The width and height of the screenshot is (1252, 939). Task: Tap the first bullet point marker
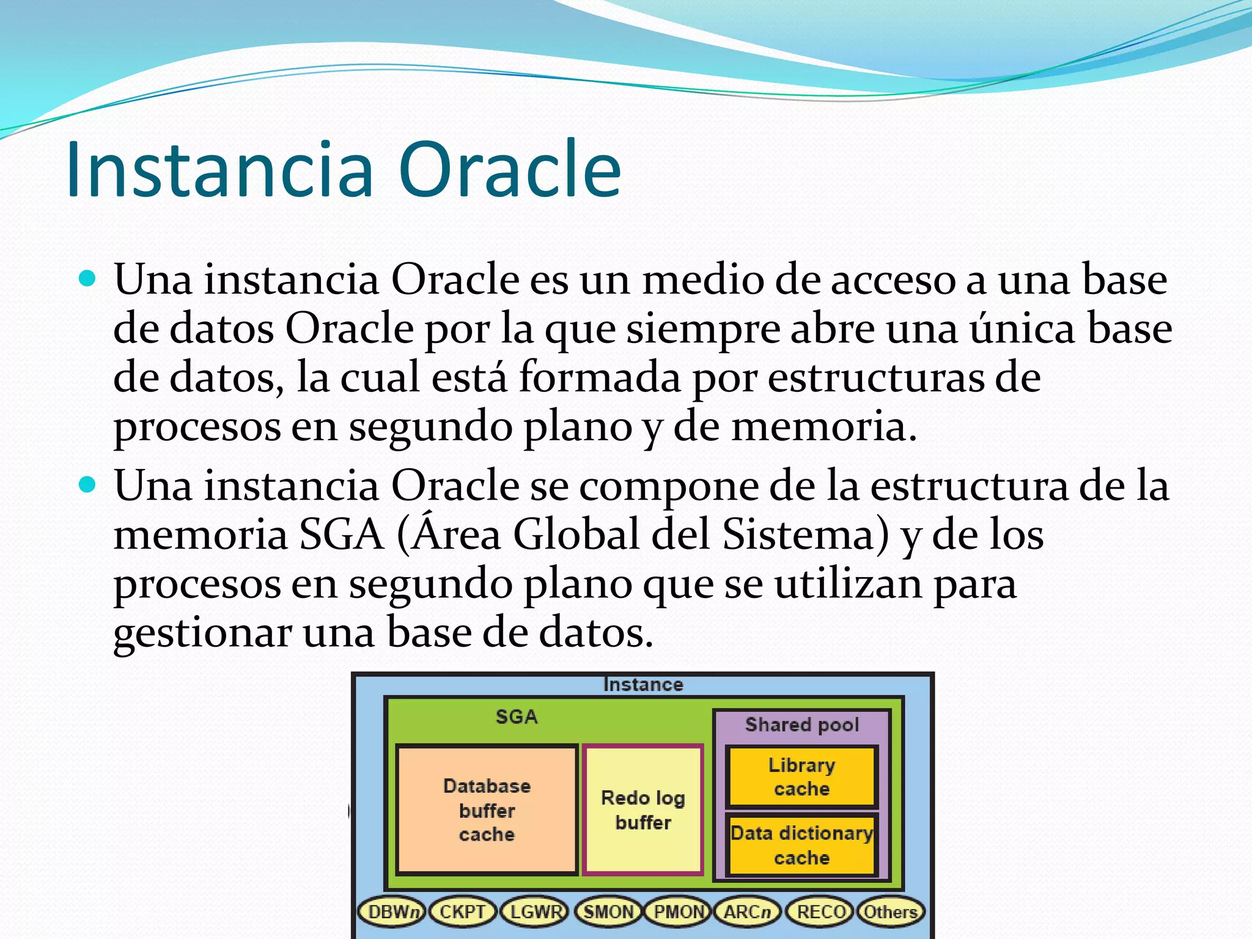pyautogui.click(x=88, y=279)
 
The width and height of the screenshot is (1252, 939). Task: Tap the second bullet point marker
pyautogui.click(x=88, y=485)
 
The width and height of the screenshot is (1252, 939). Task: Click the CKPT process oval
pyautogui.click(x=462, y=911)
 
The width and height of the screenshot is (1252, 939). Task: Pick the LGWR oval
pyautogui.click(x=535, y=911)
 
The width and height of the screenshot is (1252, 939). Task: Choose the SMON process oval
pyautogui.click(x=608, y=911)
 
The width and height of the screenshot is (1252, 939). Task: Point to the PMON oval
pyautogui.click(x=679, y=911)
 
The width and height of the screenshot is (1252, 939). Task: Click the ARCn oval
pyautogui.click(x=748, y=911)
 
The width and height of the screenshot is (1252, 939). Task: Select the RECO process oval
pyautogui.click(x=820, y=911)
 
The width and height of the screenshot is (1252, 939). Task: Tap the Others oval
pyautogui.click(x=890, y=911)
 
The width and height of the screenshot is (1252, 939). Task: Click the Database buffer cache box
pyautogui.click(x=487, y=810)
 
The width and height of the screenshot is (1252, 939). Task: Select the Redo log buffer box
pyautogui.click(x=643, y=810)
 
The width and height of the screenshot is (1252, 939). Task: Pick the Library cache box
pyautogui.click(x=801, y=776)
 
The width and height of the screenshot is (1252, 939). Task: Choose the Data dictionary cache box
pyautogui.click(x=801, y=845)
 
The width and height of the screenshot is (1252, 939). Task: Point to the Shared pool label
pyautogui.click(x=801, y=724)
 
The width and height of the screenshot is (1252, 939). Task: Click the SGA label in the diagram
pyautogui.click(x=517, y=716)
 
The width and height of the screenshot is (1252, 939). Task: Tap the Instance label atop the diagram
pyautogui.click(x=643, y=684)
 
